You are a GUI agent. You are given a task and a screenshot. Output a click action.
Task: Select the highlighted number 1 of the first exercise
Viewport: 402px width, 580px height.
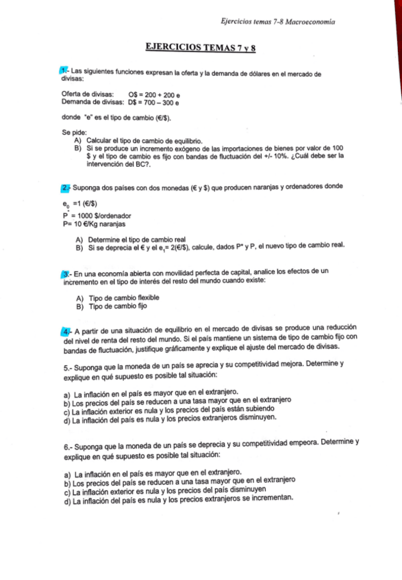coord(64,72)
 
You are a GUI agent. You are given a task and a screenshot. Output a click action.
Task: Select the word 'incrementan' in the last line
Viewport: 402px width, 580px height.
coord(268,498)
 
